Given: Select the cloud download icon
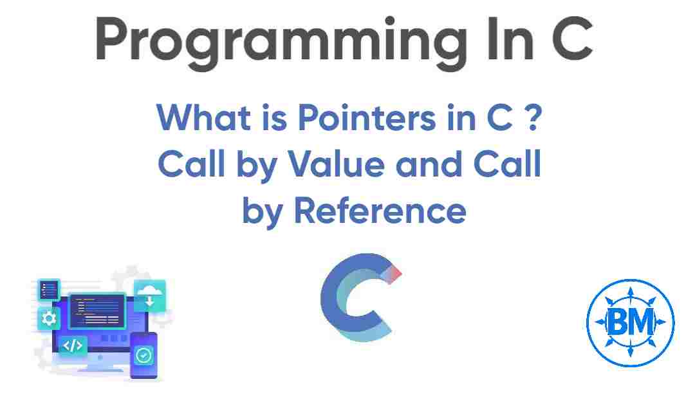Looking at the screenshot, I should pyautogui.click(x=149, y=296).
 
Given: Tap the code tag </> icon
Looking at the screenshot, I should pyautogui.click(x=73, y=345).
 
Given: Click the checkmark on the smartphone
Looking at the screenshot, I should pyautogui.click(x=143, y=354).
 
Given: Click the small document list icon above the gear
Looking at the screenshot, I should pyautogui.click(x=49, y=289).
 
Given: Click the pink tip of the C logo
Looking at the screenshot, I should pyautogui.click(x=394, y=274).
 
